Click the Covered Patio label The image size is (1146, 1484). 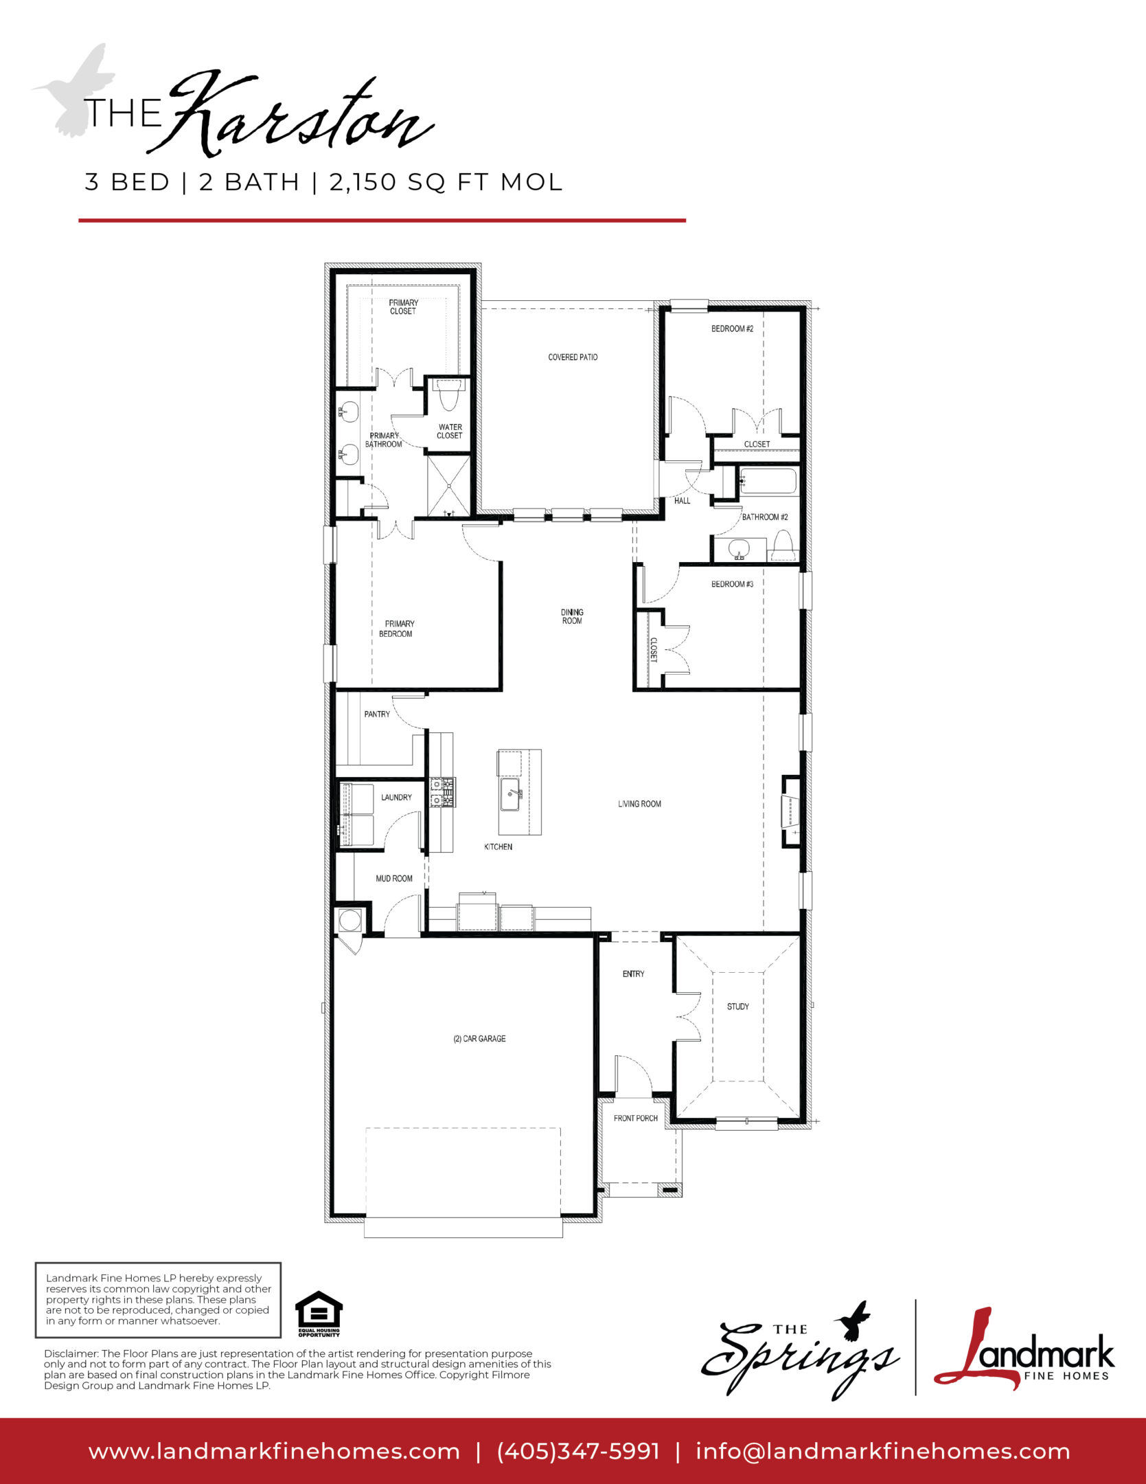pos(573,357)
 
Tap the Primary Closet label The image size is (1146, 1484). pos(403,307)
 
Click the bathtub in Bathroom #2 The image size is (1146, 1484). pos(767,480)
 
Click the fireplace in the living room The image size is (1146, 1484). pos(790,811)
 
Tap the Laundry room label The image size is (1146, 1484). pos(396,798)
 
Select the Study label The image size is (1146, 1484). pos(738,1007)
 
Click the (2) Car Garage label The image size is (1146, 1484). pos(479,1039)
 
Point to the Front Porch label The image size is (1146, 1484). pos(636,1118)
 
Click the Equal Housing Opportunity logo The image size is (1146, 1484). pos(319,1314)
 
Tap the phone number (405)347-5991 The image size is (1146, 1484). pos(578,1451)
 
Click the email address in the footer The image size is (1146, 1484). pos(883,1451)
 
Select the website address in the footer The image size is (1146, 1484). pos(274,1452)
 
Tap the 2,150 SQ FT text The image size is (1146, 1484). pos(408,182)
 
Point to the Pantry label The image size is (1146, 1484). pos(377,715)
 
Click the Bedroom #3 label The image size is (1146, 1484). pos(732,585)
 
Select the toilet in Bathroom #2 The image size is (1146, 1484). pos(783,548)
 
